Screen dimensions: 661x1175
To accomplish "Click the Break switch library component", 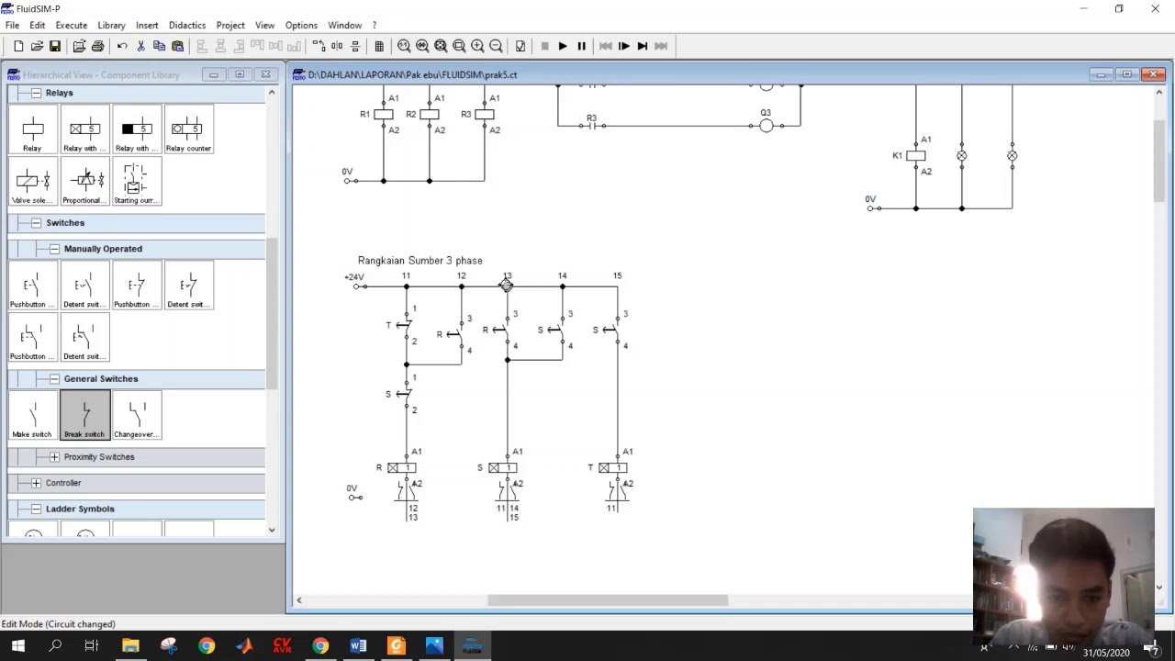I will tap(84, 415).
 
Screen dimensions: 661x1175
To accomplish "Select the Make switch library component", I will tap(32, 415).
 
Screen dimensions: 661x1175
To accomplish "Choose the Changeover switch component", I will tap(137, 415).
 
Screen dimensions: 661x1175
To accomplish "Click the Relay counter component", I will tap(188, 130).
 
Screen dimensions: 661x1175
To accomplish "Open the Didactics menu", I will tap(187, 25).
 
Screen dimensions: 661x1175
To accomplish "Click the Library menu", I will tap(111, 25).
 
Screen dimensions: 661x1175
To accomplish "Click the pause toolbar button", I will tap(581, 46).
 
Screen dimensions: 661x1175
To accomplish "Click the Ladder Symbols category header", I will tap(80, 509).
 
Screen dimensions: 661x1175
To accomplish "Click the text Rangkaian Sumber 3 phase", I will tap(420, 261).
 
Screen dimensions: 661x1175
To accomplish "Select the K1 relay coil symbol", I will tap(915, 156).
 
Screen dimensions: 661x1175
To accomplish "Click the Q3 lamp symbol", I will tap(766, 126).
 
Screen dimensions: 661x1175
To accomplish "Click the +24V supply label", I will tap(353, 277).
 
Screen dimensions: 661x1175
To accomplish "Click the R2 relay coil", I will tap(429, 115).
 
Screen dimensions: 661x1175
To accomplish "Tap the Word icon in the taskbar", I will tap(358, 646).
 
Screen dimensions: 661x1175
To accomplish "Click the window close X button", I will tap(1155, 9).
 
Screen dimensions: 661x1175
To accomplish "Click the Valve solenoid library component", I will tap(32, 182).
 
